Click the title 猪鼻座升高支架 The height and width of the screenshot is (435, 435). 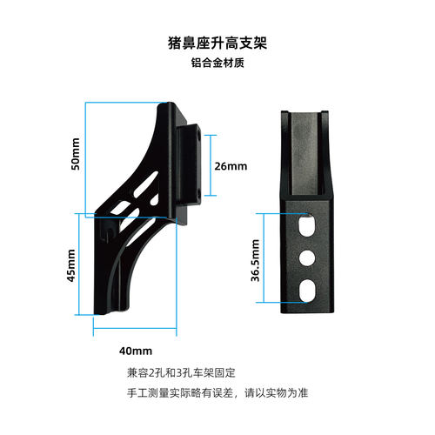click(217, 43)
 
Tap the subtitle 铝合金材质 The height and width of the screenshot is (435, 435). click(217, 63)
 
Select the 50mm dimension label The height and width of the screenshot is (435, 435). click(76, 154)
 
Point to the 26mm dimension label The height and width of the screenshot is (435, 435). click(231, 166)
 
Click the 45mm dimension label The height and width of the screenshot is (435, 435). click(71, 265)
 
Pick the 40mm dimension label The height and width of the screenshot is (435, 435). click(136, 351)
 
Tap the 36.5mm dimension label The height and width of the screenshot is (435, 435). click(255, 260)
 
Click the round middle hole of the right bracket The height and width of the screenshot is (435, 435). click(307, 258)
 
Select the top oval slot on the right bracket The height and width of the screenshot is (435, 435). click(307, 225)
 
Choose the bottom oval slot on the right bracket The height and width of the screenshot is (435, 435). click(307, 291)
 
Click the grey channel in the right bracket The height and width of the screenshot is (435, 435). click(304, 153)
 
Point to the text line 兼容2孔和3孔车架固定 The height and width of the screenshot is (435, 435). click(181, 372)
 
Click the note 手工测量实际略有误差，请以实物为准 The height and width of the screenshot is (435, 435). click(217, 393)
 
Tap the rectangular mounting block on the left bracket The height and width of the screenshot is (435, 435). click(189, 164)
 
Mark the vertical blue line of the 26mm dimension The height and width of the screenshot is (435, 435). click(211, 165)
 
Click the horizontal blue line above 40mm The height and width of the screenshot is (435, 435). click(135, 328)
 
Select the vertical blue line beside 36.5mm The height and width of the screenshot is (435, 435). click(264, 258)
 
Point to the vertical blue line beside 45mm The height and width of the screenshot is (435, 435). click(79, 264)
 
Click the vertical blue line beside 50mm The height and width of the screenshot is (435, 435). click(85, 159)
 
